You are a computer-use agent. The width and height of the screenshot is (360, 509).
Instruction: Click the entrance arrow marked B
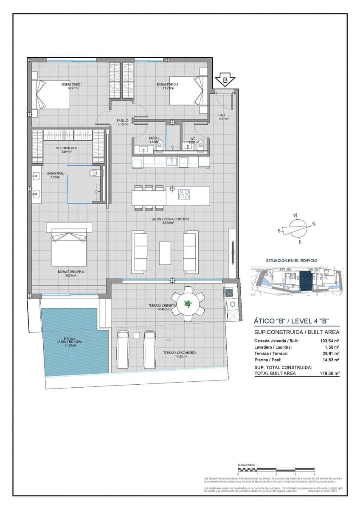(x=225, y=80)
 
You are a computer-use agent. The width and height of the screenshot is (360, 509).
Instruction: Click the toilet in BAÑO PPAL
(x=94, y=173)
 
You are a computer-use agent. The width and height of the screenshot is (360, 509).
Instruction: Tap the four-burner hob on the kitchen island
(x=184, y=195)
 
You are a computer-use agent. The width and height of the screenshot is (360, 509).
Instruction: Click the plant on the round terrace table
(x=187, y=303)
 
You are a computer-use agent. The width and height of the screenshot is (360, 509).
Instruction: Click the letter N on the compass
(x=314, y=224)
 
